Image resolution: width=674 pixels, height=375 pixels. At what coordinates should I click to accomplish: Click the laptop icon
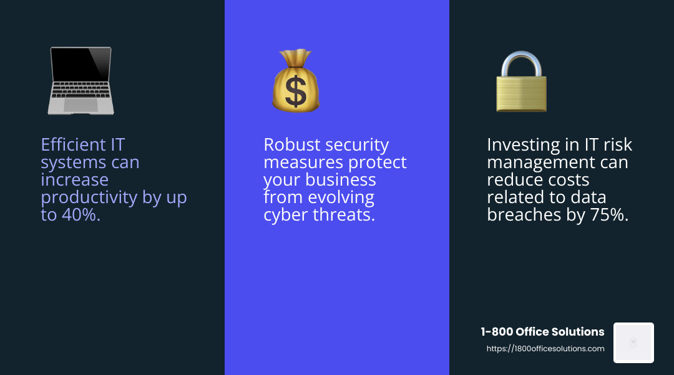[x=81, y=81]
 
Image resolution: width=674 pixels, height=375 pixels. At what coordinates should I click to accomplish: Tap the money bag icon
[x=295, y=81]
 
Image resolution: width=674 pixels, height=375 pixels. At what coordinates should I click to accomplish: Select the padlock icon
[x=521, y=82]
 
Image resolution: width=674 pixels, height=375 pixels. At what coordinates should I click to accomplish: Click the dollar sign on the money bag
[x=295, y=90]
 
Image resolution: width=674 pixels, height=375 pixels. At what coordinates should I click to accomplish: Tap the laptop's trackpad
[x=81, y=104]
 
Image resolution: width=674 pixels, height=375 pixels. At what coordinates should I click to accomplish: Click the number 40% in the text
[x=79, y=215]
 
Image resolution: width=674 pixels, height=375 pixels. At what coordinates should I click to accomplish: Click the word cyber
[x=286, y=215]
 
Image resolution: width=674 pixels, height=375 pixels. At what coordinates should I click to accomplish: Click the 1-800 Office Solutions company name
[x=542, y=332]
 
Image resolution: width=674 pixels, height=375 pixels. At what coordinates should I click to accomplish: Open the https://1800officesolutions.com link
[x=545, y=349]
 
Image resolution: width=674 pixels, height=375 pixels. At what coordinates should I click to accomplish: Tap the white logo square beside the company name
[x=633, y=342]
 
